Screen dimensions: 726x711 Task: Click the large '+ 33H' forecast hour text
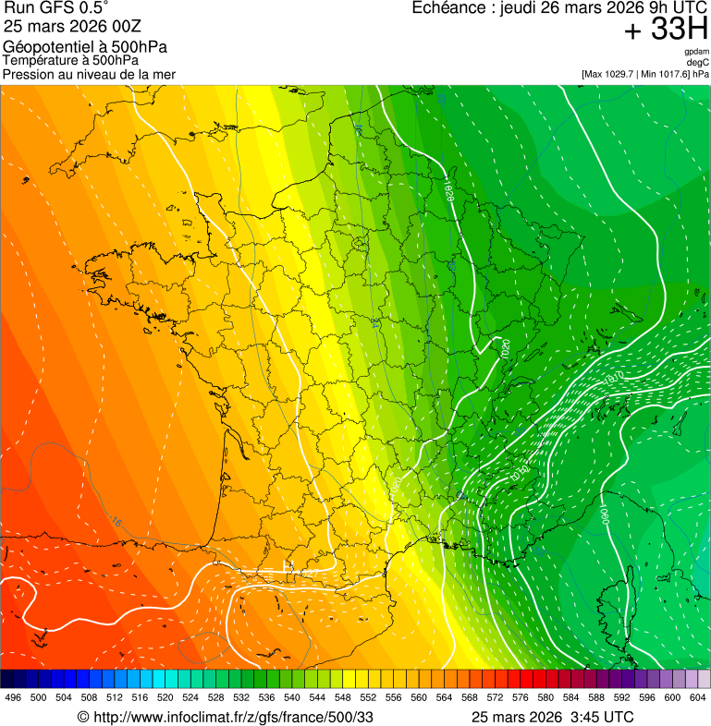665,30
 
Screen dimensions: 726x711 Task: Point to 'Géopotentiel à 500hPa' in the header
85,47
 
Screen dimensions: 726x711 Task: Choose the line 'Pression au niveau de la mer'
89,74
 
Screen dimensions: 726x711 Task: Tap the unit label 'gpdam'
696,52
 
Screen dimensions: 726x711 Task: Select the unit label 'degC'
698,62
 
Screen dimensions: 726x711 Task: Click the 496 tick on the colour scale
13,697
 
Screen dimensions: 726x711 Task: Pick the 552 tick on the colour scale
368,697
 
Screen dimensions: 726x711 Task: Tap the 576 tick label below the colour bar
521,697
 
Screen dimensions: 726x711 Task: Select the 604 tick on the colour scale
698,697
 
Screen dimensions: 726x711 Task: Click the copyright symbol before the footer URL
82,717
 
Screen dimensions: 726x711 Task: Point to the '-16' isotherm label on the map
115,522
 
